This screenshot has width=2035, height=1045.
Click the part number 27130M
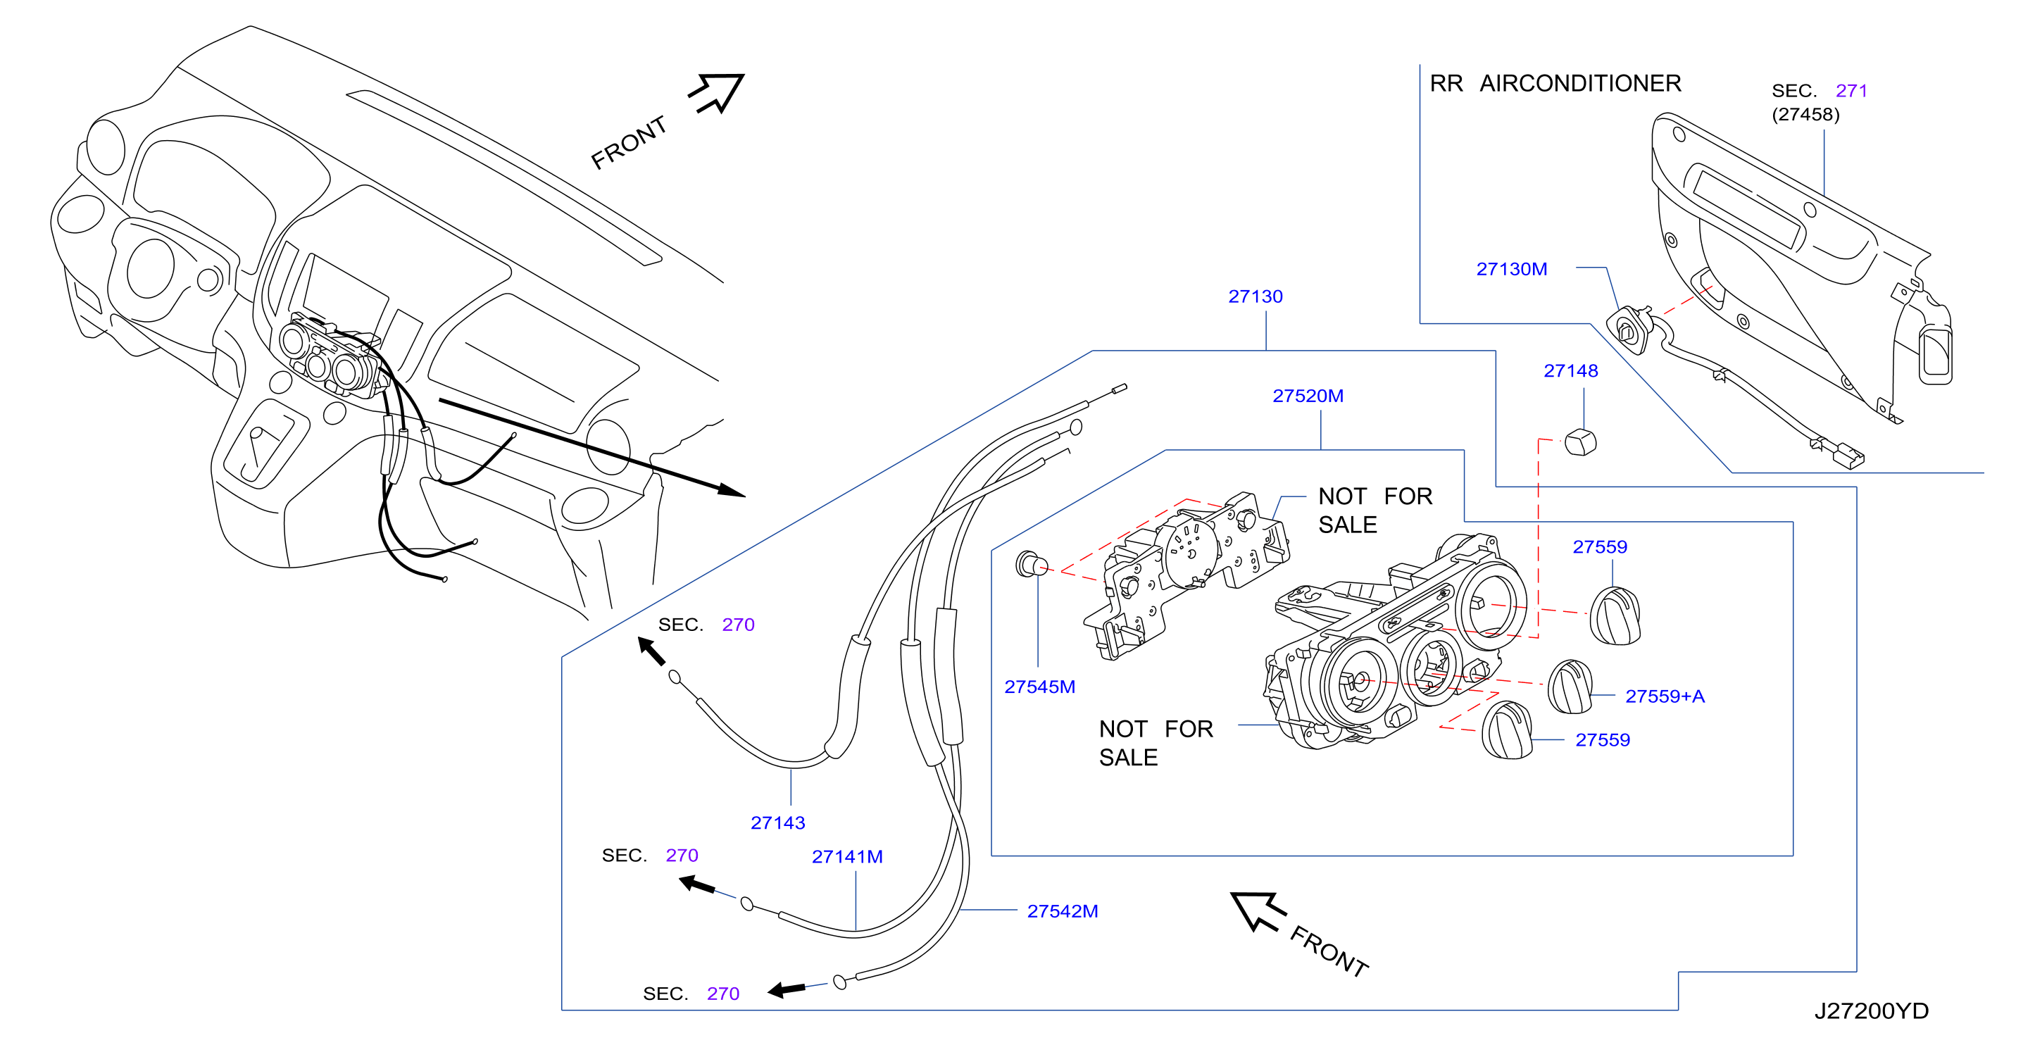(x=1511, y=269)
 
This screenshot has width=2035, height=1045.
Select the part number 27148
(x=1570, y=371)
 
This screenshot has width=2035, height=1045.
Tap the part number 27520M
(x=1308, y=396)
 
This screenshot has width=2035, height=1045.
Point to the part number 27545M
(x=1039, y=687)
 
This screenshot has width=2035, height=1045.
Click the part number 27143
(x=777, y=823)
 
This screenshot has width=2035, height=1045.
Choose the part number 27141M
(x=847, y=857)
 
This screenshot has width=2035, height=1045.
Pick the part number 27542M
(x=1063, y=911)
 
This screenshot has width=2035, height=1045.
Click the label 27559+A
(x=1665, y=696)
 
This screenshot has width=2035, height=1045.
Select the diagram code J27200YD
(x=1871, y=1011)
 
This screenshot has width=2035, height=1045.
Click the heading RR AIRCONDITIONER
(x=1555, y=84)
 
